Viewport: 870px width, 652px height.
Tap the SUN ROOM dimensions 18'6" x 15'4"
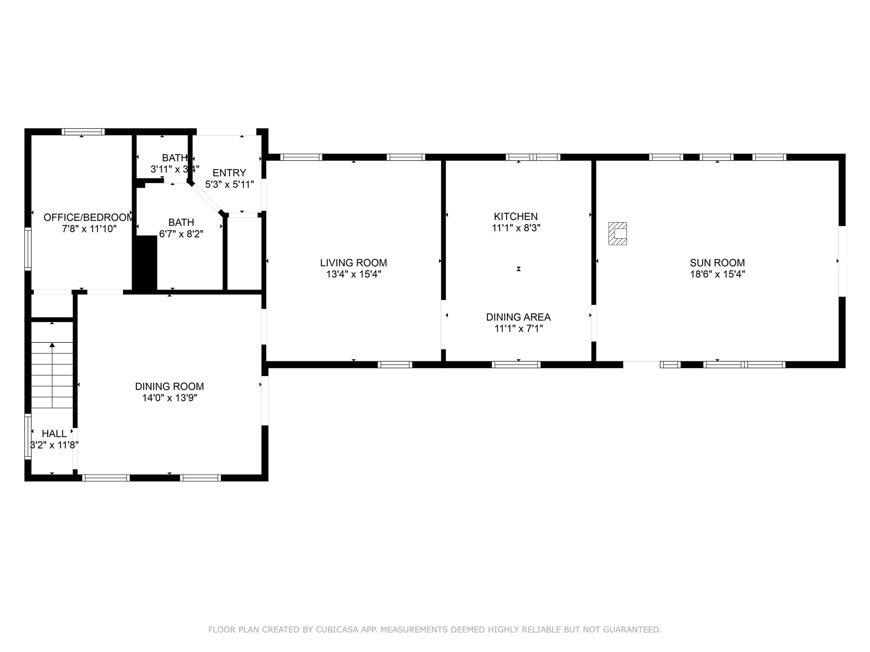coord(717,274)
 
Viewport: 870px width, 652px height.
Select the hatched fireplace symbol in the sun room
coord(617,233)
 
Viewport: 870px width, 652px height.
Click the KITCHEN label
coord(516,216)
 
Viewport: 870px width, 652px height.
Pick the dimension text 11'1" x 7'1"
coord(518,329)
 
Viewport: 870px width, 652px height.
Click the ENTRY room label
coord(229,173)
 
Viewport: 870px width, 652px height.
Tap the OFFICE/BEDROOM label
coord(88,217)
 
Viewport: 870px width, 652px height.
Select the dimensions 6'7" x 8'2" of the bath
coord(181,234)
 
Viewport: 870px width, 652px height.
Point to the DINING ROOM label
coord(170,386)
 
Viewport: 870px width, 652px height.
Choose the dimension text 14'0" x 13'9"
coord(170,398)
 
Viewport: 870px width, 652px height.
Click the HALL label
coord(54,434)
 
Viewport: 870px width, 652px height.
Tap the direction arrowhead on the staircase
coord(52,345)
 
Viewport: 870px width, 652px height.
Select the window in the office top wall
coord(83,132)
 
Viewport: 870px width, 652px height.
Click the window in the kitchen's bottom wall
coord(516,364)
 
